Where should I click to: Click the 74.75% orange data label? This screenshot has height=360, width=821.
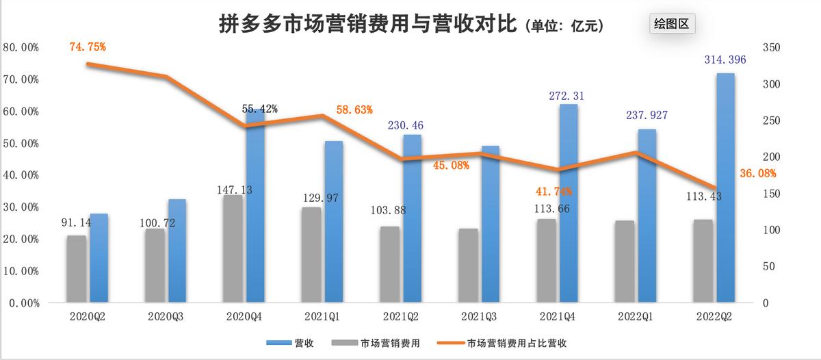(88, 47)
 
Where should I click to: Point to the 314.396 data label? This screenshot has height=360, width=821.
(725, 60)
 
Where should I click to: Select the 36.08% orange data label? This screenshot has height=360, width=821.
(758, 174)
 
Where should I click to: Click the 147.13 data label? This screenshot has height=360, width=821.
(233, 190)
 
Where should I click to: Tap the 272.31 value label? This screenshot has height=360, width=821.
(568, 97)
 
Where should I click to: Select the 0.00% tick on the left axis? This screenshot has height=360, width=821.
(23, 303)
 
